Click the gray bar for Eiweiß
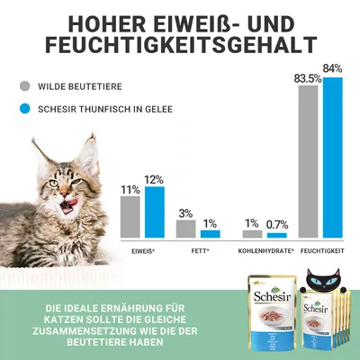click(130, 217)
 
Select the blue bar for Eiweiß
click(154, 212)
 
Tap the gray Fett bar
click(186, 229)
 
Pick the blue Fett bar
click(210, 234)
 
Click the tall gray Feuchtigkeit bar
click(309, 162)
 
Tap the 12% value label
click(155, 179)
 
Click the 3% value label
click(186, 213)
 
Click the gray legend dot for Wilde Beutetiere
click(26, 88)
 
